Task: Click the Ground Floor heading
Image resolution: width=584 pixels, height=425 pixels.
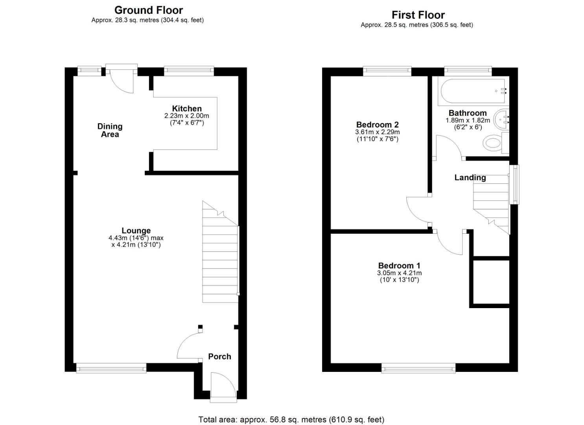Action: pos(149,10)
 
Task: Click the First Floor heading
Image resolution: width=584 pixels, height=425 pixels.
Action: pos(418,15)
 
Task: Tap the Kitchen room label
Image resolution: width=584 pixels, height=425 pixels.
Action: pos(187,108)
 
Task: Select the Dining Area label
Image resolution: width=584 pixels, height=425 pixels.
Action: pos(110,130)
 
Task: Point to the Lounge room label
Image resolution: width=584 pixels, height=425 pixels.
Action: pos(136,230)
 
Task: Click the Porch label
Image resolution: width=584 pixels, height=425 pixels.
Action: pos(219,357)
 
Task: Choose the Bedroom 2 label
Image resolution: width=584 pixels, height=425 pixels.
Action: pos(377,124)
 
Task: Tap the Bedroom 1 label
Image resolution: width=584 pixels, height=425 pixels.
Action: pos(399,265)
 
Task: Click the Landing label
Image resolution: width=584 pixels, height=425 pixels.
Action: pos(470,177)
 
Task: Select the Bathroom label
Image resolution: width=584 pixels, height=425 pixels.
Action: pos(468,113)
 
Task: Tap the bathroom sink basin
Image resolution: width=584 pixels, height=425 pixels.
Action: pos(501,119)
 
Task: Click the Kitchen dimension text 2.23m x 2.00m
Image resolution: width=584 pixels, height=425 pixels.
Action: pos(187,116)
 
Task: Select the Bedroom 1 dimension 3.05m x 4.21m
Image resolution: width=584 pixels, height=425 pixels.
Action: pos(399,273)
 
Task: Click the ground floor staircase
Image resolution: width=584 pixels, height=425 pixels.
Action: pos(221,252)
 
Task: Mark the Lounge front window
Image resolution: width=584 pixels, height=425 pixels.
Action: pos(111,368)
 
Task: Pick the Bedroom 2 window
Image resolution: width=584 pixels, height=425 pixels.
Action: pos(387,71)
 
